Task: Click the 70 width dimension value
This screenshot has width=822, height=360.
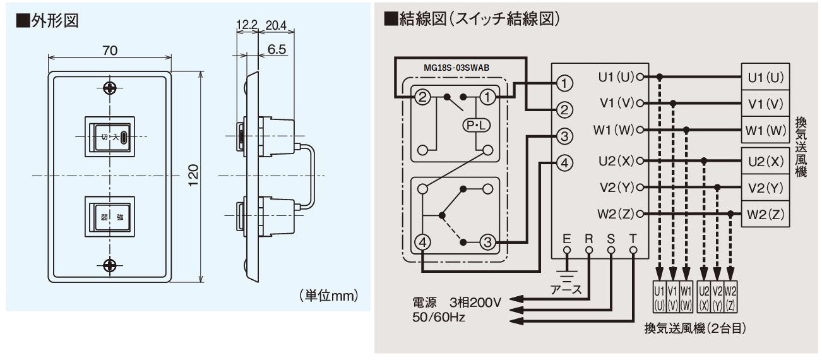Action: pos(110,51)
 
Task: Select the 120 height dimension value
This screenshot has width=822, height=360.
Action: pos(194,172)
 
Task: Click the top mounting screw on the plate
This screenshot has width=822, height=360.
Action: pos(110,88)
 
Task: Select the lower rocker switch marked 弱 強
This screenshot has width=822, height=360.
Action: pos(110,217)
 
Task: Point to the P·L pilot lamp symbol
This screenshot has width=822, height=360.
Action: pos(475,125)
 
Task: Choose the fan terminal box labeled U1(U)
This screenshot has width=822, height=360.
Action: pos(765,77)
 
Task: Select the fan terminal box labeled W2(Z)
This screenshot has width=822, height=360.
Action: pos(765,214)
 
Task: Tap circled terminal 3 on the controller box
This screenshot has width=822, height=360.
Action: pos(566,136)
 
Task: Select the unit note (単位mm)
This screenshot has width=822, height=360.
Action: pos(329,295)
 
